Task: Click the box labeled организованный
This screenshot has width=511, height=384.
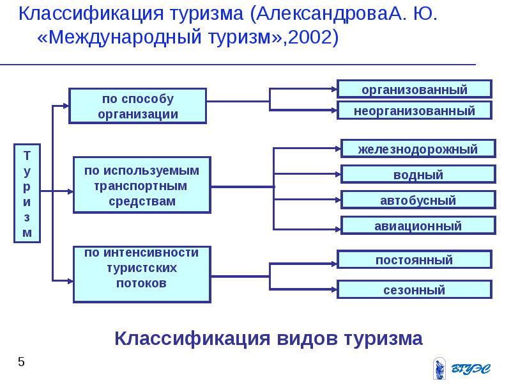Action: pyautogui.click(x=415, y=89)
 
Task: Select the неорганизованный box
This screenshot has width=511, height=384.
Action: pyautogui.click(x=415, y=110)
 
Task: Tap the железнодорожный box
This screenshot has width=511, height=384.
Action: pyautogui.click(x=418, y=148)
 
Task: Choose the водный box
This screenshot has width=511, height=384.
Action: pyautogui.click(x=418, y=174)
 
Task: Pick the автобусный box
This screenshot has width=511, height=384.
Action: pyautogui.click(x=418, y=200)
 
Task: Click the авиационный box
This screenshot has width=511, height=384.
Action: pyautogui.click(x=418, y=225)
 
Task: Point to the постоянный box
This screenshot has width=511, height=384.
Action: pyautogui.click(x=414, y=259)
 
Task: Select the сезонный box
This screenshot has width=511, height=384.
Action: pyautogui.click(x=414, y=289)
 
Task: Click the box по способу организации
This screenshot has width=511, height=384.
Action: pyautogui.click(x=138, y=106)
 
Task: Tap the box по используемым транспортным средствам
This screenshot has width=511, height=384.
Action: pyautogui.click(x=142, y=185)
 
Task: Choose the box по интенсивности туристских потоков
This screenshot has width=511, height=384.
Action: pyautogui.click(x=142, y=274)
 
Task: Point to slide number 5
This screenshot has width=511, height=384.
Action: pyautogui.click(x=21, y=363)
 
